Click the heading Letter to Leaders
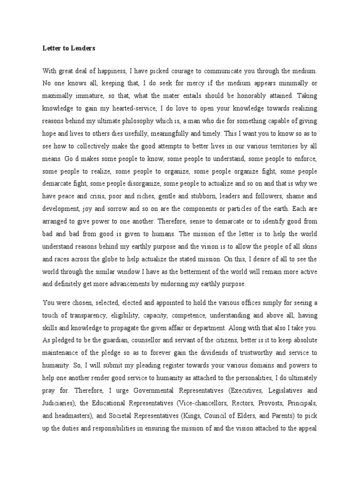tap(69, 47)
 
